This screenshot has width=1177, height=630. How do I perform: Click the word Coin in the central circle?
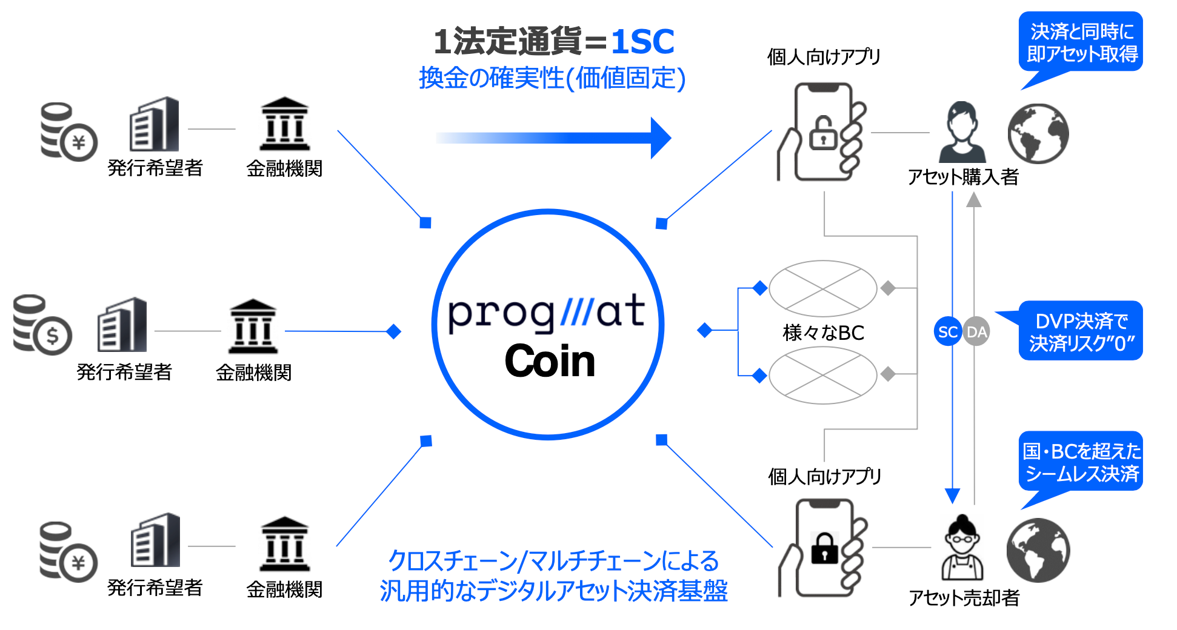point(550,361)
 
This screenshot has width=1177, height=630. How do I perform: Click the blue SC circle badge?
point(947,331)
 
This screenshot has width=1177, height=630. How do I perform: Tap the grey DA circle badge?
point(976,331)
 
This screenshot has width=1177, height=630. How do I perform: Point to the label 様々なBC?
point(823,333)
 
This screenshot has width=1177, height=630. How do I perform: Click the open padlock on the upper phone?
point(823,134)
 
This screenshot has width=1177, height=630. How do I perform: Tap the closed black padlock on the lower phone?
point(824,548)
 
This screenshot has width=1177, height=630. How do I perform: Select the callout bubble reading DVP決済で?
point(1081,331)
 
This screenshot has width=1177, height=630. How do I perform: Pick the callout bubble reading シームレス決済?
point(1081,462)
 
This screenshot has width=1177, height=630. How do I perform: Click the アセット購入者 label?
point(962,177)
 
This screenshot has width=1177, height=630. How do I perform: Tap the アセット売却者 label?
point(964,598)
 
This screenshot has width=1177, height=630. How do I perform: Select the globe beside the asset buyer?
point(1038,133)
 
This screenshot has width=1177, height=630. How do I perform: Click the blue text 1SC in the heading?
point(642,42)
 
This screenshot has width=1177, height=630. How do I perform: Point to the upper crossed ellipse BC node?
point(822,288)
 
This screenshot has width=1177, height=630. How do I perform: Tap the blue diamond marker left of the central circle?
point(394,331)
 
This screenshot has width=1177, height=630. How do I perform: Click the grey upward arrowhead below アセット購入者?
point(973,200)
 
